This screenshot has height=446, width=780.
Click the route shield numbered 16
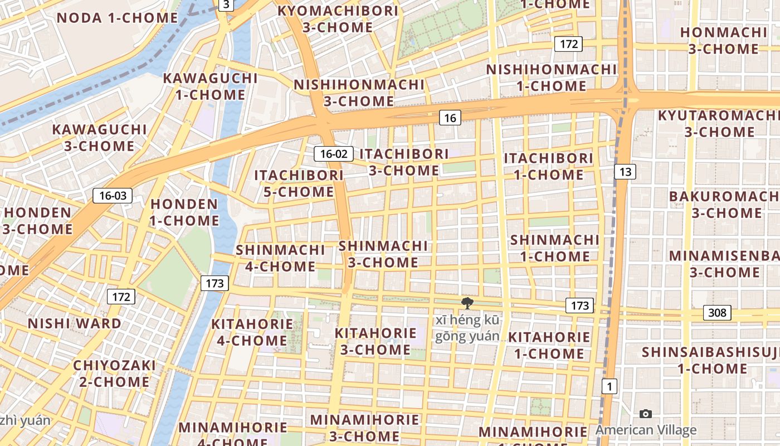pyautogui.click(x=450, y=118)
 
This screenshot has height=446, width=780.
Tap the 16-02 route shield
pyautogui.click(x=334, y=154)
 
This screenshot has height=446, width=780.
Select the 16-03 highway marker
pyautogui.click(x=113, y=195)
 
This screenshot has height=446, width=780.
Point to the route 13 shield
pyautogui.click(x=625, y=172)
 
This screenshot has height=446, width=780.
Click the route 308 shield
pyautogui.click(x=716, y=313)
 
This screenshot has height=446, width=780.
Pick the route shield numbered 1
pyautogui.click(x=610, y=386)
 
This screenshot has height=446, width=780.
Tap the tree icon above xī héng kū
pyautogui.click(x=467, y=303)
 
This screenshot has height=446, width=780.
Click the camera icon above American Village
pyautogui.click(x=646, y=414)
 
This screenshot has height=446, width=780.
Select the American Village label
pyautogui.click(x=646, y=430)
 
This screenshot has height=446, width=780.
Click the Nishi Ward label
pyautogui.click(x=75, y=323)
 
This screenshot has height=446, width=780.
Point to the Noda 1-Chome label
pyautogui.click(x=117, y=18)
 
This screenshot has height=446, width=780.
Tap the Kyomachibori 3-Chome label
pyautogui.click(x=338, y=18)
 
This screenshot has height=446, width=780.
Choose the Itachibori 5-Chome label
pyautogui.click(x=299, y=183)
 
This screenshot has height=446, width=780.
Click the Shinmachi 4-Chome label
pyautogui.click(x=280, y=258)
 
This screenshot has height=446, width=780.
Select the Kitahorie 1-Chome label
pyautogui.click(x=549, y=345)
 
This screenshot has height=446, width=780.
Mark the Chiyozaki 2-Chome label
pyautogui.click(x=114, y=374)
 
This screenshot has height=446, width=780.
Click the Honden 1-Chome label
pyautogui.click(x=184, y=212)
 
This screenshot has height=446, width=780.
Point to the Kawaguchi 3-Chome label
pyautogui.click(x=99, y=138)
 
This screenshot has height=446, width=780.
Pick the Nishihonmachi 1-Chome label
pyautogui.click(x=552, y=77)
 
